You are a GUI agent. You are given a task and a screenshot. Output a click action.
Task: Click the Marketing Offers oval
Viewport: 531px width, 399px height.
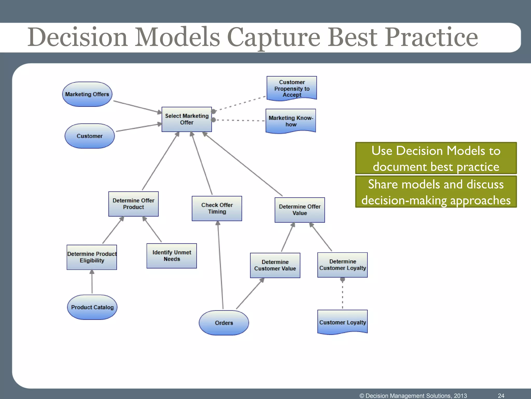(x=87, y=94)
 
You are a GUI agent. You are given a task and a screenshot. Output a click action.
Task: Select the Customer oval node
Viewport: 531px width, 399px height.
(x=89, y=136)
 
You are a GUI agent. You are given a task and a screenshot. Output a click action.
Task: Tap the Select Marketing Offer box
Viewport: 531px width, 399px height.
(x=187, y=119)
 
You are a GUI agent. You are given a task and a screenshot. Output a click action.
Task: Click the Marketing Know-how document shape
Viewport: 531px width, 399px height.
(x=291, y=121)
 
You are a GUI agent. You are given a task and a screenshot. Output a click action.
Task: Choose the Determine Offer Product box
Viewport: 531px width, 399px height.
(x=133, y=204)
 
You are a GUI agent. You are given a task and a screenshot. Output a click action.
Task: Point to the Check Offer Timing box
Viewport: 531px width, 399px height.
(x=217, y=208)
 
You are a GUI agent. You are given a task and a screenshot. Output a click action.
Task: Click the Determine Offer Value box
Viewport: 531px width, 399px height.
(x=300, y=210)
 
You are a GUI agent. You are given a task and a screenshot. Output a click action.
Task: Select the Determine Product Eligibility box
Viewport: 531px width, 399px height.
(x=92, y=257)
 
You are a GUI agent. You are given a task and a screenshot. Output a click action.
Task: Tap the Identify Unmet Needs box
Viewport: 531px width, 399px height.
(x=172, y=256)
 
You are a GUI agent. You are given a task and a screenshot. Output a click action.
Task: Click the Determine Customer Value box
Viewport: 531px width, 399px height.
(x=275, y=265)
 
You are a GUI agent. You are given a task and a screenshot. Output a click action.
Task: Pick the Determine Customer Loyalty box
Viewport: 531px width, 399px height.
(x=343, y=265)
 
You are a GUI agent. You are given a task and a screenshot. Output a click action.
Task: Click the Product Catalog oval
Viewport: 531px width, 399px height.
(x=92, y=307)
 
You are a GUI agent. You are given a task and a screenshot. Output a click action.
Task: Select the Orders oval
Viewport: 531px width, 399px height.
(x=224, y=323)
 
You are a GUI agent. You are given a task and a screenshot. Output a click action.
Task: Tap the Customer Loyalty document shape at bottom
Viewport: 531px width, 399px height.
(x=343, y=322)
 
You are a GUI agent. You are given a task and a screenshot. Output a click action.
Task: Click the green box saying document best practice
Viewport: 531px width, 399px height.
(x=436, y=158)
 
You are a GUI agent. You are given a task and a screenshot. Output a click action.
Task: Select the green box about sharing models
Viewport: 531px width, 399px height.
(x=436, y=192)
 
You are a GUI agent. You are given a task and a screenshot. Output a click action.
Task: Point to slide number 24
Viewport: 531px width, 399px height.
(x=501, y=396)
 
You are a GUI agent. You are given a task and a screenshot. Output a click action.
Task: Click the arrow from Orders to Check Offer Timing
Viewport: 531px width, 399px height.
(x=220, y=265)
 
